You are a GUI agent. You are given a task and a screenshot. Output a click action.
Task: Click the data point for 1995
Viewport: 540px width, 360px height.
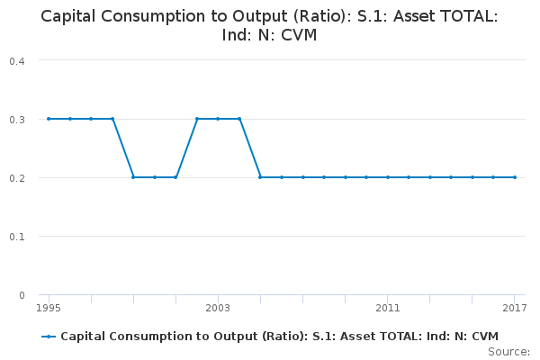tap(49, 119)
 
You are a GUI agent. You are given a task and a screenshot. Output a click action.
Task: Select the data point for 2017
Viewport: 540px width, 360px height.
tap(515, 177)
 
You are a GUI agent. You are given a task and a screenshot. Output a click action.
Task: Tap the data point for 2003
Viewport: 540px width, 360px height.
tap(218, 119)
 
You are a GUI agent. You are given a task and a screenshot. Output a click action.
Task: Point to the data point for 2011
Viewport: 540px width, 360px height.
tap(388, 177)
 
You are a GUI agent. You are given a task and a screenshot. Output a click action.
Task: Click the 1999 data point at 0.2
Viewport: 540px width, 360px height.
tap(133, 177)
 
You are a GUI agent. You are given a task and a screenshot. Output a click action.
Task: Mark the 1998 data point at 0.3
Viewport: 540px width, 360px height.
tap(112, 119)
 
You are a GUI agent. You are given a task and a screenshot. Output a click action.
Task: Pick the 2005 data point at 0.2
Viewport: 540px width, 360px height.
tap(260, 177)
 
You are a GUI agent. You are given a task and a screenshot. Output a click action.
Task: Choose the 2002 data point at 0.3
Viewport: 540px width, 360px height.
tap(197, 119)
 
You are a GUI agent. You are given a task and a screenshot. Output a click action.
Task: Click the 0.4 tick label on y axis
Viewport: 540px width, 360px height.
tap(16, 60)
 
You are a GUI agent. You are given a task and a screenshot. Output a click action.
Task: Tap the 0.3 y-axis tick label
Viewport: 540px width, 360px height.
tap(16, 119)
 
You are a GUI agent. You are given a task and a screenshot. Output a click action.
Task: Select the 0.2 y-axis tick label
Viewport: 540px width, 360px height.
tap(16, 177)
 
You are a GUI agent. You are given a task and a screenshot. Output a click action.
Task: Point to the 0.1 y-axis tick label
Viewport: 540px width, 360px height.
tap(16, 236)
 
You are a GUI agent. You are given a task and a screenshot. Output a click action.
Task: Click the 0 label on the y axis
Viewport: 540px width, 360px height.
tap(22, 294)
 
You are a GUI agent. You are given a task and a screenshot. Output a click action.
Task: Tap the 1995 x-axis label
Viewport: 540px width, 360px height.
tap(49, 308)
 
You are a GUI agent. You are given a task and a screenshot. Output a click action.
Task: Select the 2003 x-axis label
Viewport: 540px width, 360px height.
tap(218, 308)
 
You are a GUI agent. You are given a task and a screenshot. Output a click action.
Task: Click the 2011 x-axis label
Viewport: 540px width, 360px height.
tap(388, 308)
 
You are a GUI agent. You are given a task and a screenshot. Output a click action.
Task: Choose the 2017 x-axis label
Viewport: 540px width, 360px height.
tap(514, 308)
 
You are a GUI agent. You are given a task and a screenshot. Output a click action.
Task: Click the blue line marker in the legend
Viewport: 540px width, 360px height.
tap(49, 336)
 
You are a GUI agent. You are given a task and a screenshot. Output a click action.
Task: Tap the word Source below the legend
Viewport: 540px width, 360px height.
tap(508, 351)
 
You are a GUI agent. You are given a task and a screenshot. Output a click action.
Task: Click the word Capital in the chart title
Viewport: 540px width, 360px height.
tap(71, 16)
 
